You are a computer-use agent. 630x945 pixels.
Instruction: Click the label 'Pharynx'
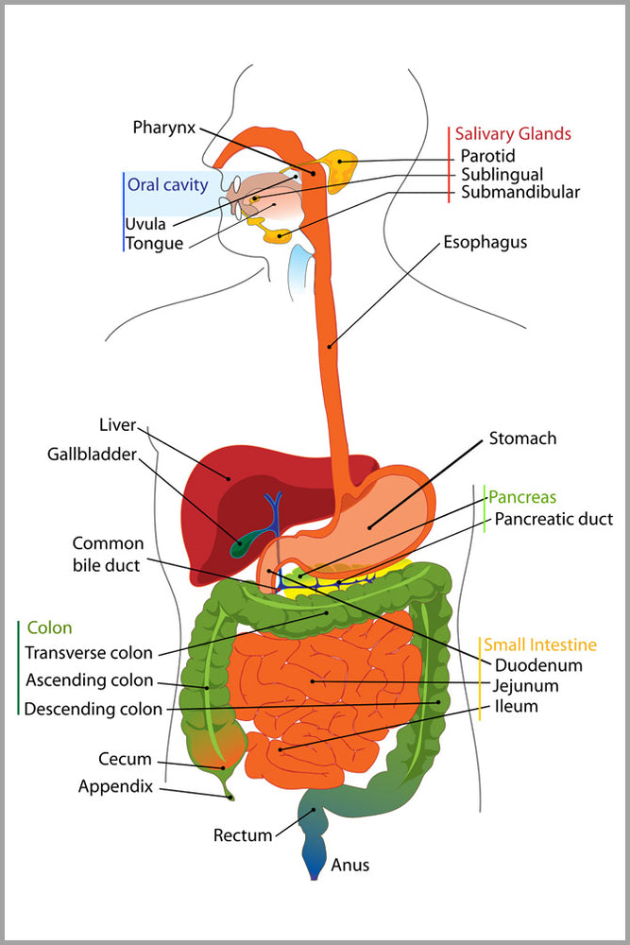[164, 126]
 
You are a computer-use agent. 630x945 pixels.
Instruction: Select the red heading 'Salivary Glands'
[513, 134]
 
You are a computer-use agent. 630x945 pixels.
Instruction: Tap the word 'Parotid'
[487, 156]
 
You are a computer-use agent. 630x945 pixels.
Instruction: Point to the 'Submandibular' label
[519, 193]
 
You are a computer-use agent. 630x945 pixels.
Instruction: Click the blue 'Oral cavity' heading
[167, 185]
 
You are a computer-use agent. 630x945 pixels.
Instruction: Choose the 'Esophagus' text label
[485, 243]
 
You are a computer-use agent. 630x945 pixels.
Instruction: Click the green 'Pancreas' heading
[522, 497]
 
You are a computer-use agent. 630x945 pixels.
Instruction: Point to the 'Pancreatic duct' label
[553, 519]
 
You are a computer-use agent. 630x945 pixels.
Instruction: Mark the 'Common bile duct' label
[108, 555]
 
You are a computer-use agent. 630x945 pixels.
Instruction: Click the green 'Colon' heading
[49, 627]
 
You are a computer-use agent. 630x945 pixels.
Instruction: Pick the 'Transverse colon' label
[88, 653]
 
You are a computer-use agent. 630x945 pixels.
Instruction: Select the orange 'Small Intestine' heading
[540, 645]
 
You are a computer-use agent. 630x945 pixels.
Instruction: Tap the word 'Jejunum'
[526, 686]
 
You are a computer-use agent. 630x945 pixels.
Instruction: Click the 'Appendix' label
[115, 785]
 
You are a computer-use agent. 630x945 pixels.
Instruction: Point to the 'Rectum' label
[243, 835]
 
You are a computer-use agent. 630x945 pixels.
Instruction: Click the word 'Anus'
[350, 865]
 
